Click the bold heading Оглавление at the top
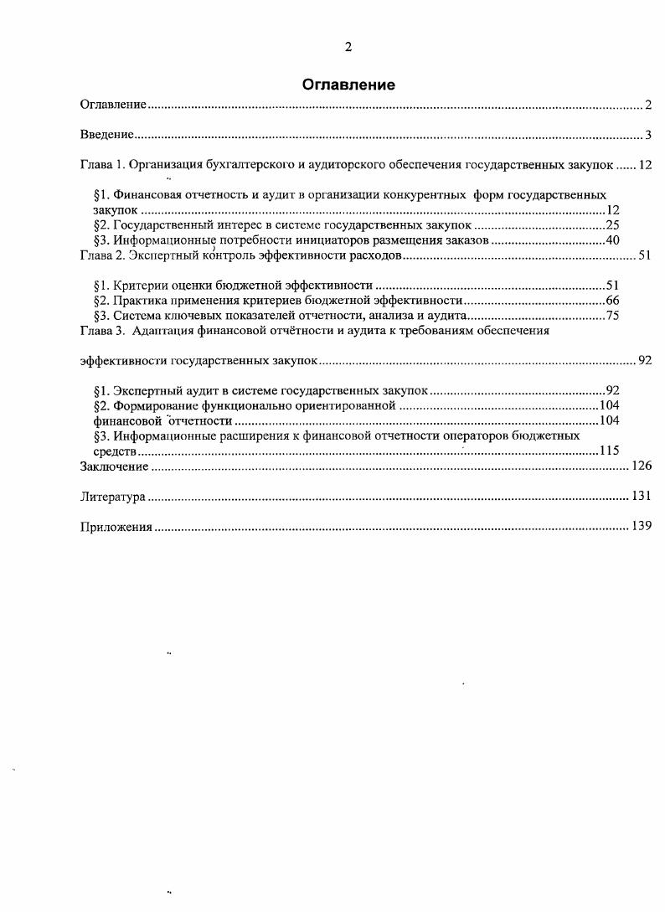tap(348, 85)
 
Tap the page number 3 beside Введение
tap(648, 135)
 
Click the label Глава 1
tap(101, 165)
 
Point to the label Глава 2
tap(101, 255)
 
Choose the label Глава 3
tap(101, 331)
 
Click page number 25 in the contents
tap(612, 225)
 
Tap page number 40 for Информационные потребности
tap(612, 240)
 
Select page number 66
tap(612, 301)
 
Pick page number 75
tap(612, 316)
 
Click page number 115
tap(609, 451)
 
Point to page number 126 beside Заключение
tap(642, 466)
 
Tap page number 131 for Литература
tap(642, 497)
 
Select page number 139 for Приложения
tap(642, 527)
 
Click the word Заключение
tap(114, 466)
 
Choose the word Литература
tap(113, 497)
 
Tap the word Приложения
tap(116, 527)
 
